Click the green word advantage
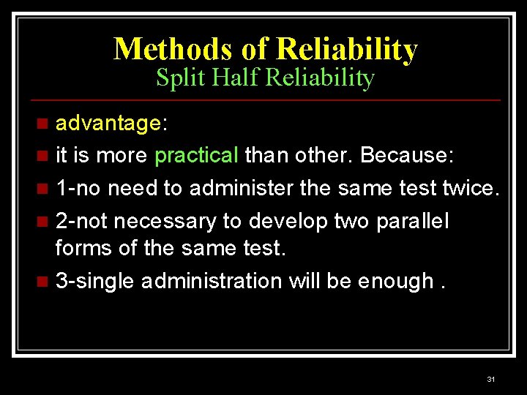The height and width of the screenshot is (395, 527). tap(108, 124)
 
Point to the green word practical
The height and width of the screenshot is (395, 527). tap(197, 155)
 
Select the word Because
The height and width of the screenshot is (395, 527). tap(407, 155)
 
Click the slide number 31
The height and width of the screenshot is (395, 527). tap(490, 379)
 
